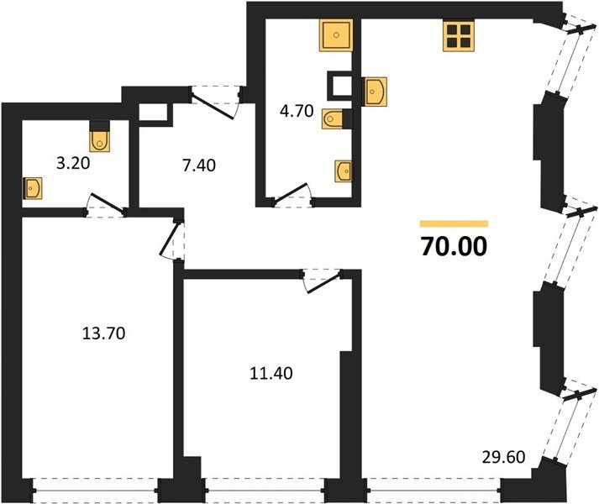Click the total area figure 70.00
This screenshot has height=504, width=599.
point(454,246)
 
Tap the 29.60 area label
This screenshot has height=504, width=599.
point(503,457)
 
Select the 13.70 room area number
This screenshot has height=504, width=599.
point(103,333)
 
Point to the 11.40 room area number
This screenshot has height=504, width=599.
point(271,373)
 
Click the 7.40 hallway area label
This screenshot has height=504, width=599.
point(199,165)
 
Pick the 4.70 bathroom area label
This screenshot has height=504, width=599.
point(297,111)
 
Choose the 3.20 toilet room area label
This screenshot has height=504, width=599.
point(73,163)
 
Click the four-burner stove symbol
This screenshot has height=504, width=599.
point(459,36)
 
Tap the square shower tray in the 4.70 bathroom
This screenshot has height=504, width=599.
point(336,35)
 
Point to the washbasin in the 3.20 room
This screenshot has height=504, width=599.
point(33,188)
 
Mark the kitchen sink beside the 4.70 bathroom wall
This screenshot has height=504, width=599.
point(375,92)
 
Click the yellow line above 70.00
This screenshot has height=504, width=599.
point(454,224)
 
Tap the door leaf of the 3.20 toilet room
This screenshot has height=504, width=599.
point(107,203)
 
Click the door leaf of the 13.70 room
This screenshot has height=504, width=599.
point(169,239)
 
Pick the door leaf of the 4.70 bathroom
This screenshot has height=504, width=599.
point(291,192)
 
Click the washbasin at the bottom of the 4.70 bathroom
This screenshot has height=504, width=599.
point(344,171)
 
